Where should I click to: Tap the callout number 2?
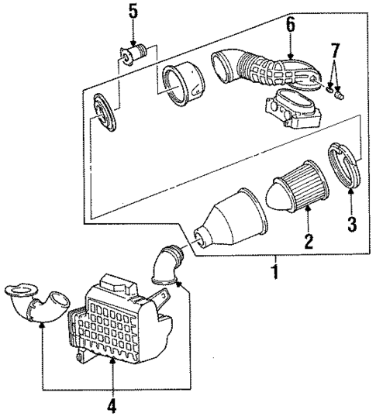308,241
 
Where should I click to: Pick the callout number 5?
133,11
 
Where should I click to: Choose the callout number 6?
290,24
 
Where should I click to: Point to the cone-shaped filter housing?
233,218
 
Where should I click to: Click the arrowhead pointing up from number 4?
113,361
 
